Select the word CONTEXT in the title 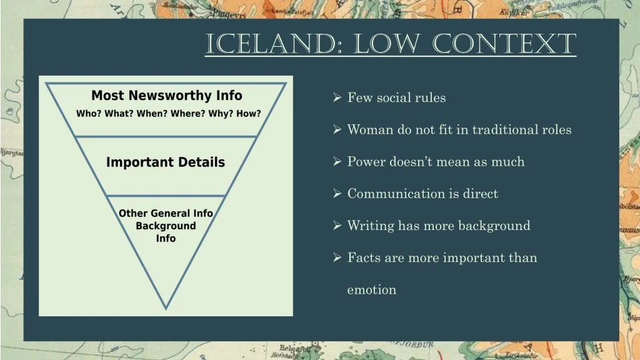[504, 44]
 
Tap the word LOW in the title [386, 44]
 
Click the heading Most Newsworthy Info [166, 96]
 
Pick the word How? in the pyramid [248, 114]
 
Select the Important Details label [165, 162]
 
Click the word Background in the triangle [166, 226]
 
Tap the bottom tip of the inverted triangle [166, 309]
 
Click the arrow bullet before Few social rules [337, 97]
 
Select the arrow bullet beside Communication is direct [337, 193]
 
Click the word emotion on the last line [372, 290]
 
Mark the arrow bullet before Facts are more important [337, 257]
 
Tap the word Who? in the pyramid [89, 114]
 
